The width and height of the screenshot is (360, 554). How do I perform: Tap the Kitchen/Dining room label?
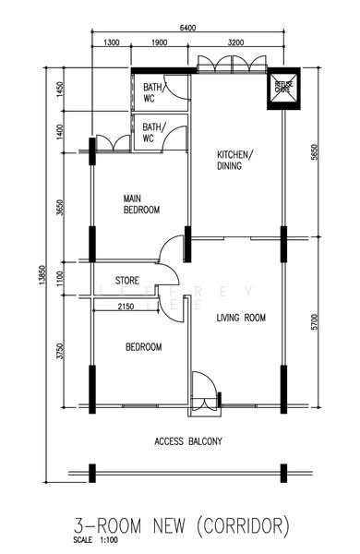235,160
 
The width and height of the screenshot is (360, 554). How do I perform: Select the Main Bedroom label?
142,204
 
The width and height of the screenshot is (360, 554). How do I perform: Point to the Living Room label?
241,318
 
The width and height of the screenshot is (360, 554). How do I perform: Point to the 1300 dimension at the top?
111,42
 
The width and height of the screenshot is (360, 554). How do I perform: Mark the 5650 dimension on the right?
315,157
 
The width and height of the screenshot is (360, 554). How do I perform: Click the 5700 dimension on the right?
315,322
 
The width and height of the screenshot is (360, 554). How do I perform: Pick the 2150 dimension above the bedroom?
127,306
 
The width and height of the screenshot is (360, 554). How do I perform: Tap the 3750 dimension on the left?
60,352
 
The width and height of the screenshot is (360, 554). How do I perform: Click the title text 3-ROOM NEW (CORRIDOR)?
181,526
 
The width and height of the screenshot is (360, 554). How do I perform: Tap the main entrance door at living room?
201,387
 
